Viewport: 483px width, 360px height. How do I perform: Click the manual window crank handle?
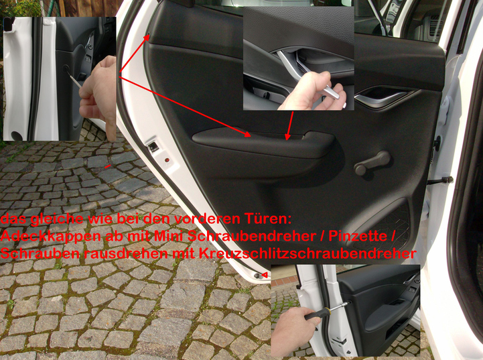372,163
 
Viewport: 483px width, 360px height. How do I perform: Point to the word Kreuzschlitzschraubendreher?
307,253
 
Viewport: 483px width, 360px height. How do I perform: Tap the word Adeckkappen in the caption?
50,237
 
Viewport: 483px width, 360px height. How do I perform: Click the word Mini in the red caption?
169,237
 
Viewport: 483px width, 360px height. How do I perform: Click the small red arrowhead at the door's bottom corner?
265,274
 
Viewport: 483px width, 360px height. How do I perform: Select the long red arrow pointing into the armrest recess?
185,107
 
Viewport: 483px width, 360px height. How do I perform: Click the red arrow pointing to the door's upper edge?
134,55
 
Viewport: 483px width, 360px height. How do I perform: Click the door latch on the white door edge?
153,147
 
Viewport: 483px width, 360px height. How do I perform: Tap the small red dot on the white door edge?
167,160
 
